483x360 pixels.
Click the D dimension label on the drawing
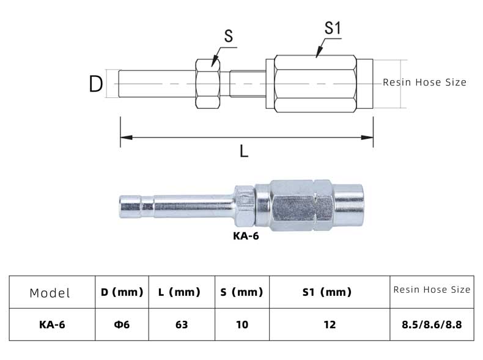coord(95,83)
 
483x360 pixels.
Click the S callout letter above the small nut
coord(229,37)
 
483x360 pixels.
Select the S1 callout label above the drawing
coord(333,29)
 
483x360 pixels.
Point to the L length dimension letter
coord(244,151)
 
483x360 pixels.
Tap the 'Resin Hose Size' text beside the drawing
coord(424,82)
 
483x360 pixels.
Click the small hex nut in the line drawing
coord(208,84)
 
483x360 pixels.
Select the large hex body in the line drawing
coord(315,84)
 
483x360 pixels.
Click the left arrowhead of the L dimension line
coord(125,138)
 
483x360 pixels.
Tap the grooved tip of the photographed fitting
coord(129,205)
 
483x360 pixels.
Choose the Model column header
coord(50,293)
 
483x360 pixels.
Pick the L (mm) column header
coord(179,292)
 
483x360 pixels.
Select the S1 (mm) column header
coord(327,292)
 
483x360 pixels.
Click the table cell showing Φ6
coord(122,325)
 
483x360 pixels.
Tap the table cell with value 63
coord(181,325)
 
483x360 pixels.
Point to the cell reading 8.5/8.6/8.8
coord(431,325)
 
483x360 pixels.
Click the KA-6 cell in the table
coord(51,325)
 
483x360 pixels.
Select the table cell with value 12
coord(330,325)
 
